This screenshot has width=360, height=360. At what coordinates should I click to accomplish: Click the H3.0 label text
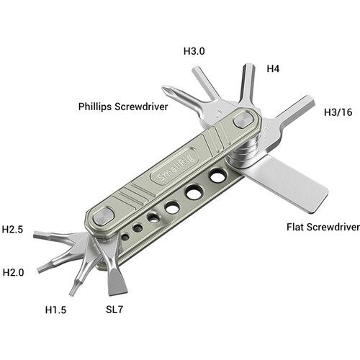click(194, 51)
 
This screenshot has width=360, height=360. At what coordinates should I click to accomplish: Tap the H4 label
click(274, 68)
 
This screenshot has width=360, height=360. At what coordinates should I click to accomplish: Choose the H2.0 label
click(14, 272)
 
